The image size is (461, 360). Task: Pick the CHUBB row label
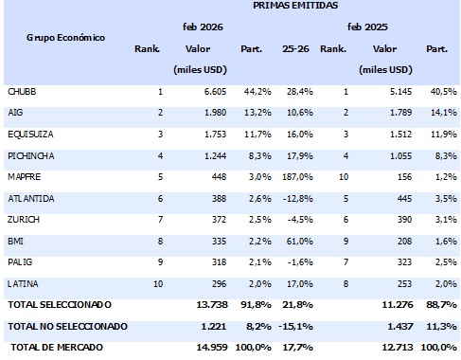23,91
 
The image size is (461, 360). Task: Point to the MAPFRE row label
26,175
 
